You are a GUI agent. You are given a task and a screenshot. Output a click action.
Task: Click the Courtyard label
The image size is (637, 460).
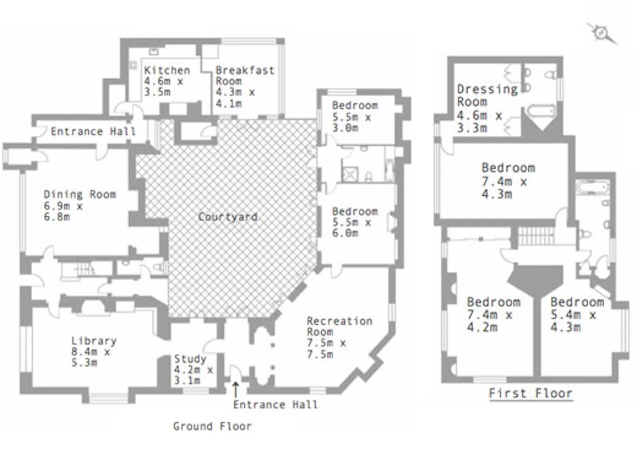tap(228, 217)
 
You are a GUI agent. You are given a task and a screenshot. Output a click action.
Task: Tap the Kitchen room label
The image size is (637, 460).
tap(167, 70)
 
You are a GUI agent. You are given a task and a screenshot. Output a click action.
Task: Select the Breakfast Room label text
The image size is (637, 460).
tap(245, 76)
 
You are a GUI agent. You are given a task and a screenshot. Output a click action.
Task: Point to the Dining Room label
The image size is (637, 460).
tap(80, 194)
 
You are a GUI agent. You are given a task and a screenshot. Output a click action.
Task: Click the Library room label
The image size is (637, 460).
tap(94, 341)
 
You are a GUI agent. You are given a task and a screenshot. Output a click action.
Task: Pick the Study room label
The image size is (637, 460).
tap(190, 359)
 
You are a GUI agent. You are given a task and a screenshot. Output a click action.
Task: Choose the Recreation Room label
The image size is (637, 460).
tap(339, 327)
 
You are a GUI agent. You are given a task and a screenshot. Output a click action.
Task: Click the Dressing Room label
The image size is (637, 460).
tap(487, 95)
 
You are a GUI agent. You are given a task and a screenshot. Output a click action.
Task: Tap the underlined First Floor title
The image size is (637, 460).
tap(531, 394)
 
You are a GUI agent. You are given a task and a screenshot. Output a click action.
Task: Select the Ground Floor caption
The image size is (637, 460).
tap(212, 426)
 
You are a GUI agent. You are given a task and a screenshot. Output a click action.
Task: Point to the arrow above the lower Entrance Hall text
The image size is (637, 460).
tap(236, 390)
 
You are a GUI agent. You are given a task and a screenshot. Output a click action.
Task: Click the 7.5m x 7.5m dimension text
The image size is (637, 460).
tap(326, 349)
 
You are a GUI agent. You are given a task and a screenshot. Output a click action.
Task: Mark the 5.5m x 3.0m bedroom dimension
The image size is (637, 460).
tap(352, 123)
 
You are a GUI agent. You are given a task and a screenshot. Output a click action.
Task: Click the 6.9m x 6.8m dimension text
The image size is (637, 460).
tap(63, 211)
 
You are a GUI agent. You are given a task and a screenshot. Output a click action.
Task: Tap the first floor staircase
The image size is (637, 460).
tap(536, 236)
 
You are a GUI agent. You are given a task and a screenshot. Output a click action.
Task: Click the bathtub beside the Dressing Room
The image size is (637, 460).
tap(540, 111)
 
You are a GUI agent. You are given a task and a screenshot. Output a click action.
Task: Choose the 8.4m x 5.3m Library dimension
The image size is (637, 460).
tap(91, 357)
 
